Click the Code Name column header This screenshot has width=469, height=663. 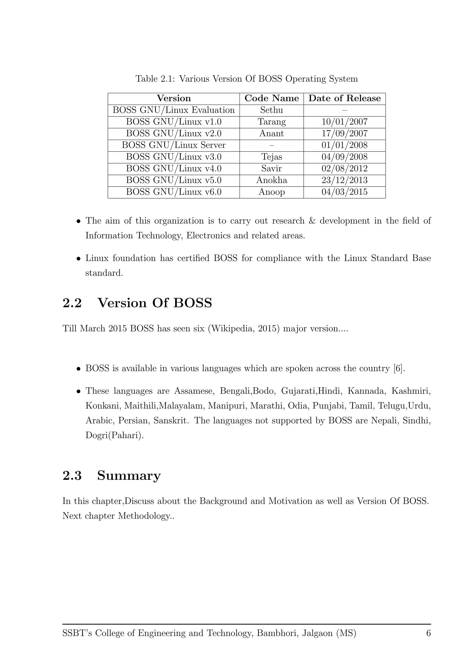click(x=271, y=98)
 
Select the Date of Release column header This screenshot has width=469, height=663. click(x=344, y=98)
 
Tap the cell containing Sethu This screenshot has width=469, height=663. click(x=271, y=110)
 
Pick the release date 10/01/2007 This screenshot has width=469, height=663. click(x=344, y=122)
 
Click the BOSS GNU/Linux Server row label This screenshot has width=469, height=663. click(x=174, y=145)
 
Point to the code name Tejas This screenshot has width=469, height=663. click(x=271, y=157)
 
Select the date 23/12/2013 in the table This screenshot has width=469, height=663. click(x=344, y=180)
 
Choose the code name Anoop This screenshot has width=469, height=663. click(x=271, y=192)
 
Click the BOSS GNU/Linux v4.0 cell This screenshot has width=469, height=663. click(x=174, y=169)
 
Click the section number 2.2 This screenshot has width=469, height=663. click(x=72, y=303)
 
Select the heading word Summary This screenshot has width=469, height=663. click(x=129, y=476)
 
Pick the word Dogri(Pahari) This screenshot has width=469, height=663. click(x=114, y=435)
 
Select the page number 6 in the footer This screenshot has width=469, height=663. click(x=428, y=633)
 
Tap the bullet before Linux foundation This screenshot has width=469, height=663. click(x=78, y=259)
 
